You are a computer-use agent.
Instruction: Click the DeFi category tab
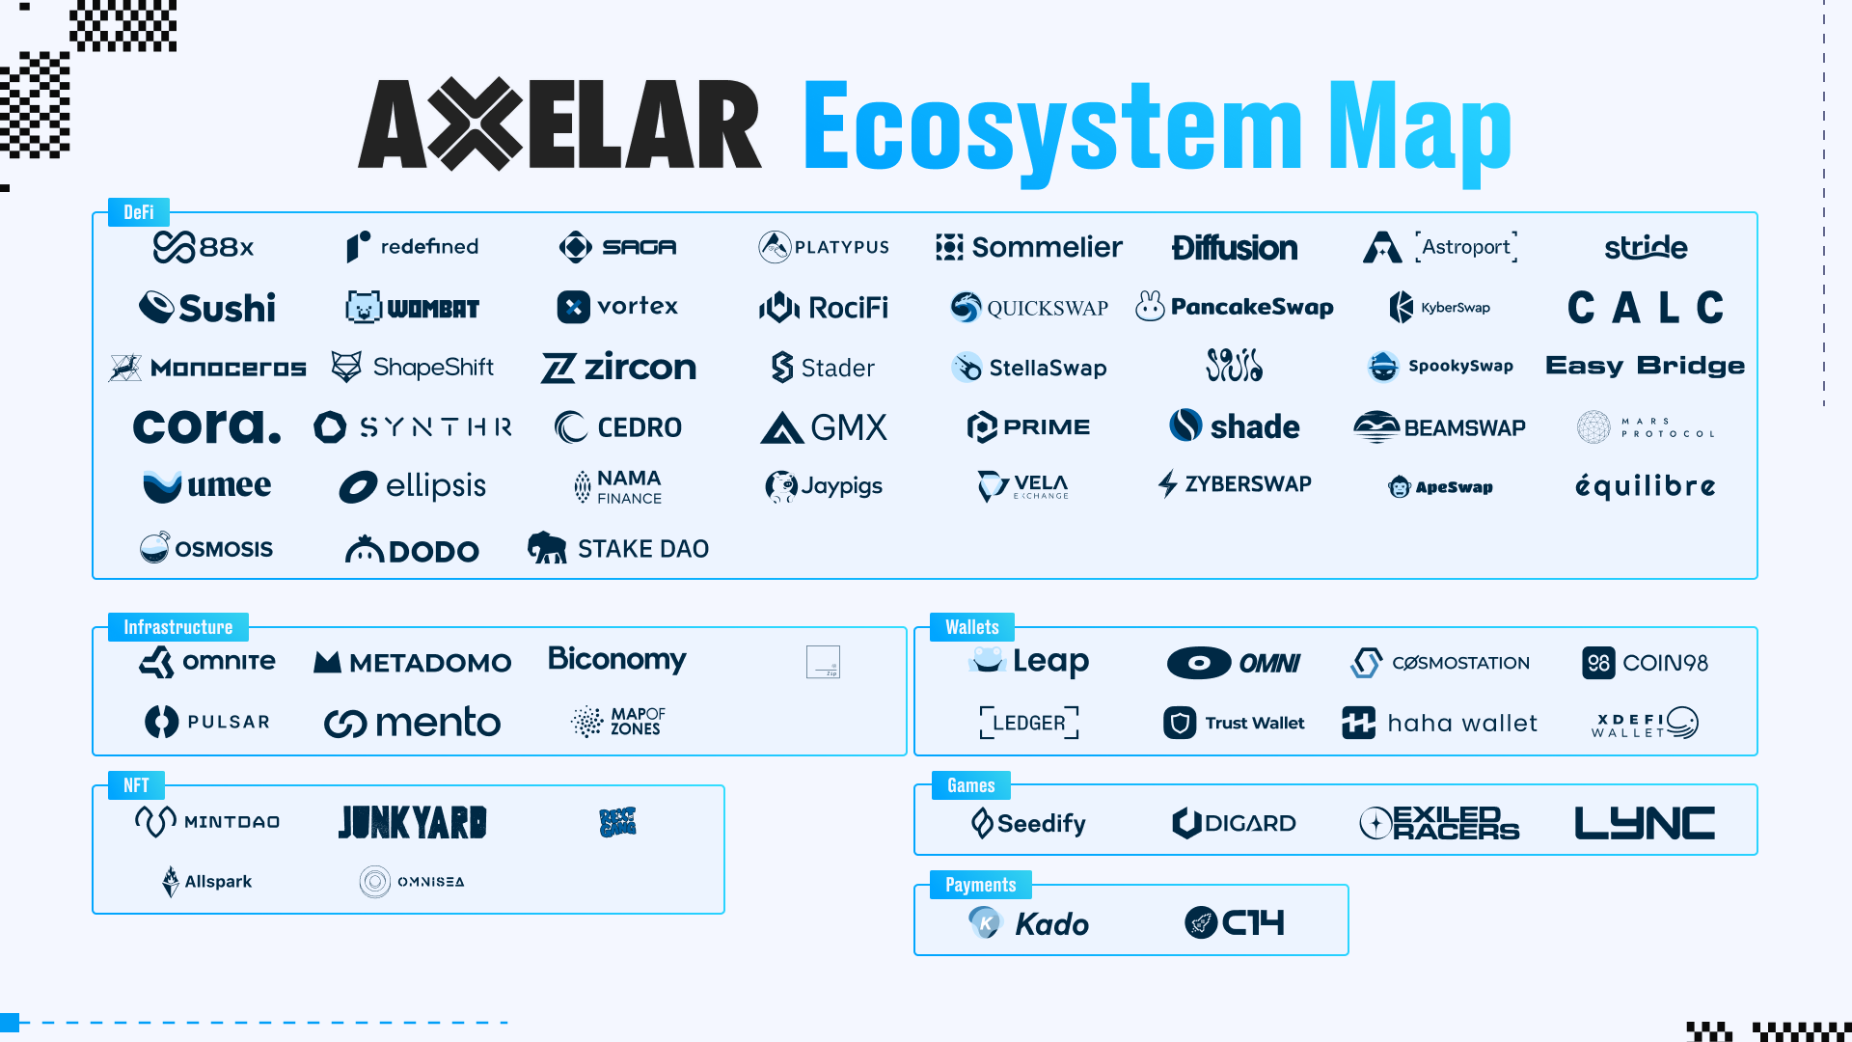tap(139, 212)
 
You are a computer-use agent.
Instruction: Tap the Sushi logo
tap(207, 308)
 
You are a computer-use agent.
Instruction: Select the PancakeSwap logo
tap(1235, 307)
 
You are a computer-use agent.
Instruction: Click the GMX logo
tap(824, 427)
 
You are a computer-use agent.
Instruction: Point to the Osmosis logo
tap(206, 548)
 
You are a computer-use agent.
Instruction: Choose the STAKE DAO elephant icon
tap(547, 547)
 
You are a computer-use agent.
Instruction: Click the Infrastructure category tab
tap(178, 627)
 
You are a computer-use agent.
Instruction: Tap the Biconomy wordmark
tap(617, 659)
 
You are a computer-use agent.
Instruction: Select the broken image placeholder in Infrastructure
tap(823, 662)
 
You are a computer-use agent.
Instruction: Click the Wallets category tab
tap(972, 627)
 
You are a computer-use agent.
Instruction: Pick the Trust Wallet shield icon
tap(1180, 723)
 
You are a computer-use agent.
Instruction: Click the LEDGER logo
tap(1029, 723)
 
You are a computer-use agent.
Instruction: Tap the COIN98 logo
tap(1646, 663)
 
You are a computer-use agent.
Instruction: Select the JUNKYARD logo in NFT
tap(413, 822)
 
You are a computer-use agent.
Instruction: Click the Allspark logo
tap(207, 881)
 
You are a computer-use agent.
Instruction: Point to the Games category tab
tap(971, 785)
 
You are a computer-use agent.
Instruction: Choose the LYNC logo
tap(1645, 823)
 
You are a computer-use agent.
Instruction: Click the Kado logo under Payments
tap(1029, 923)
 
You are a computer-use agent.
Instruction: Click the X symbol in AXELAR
tap(476, 124)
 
